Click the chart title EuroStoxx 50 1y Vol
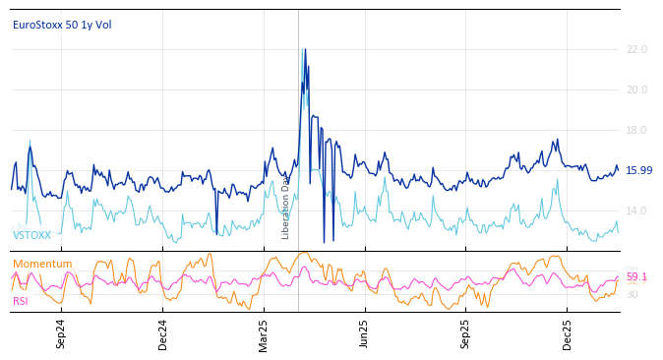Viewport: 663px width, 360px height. (x=62, y=25)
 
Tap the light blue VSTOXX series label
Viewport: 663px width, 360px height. (x=31, y=236)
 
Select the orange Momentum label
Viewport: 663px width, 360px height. (x=42, y=264)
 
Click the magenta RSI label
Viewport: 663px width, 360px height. (x=20, y=301)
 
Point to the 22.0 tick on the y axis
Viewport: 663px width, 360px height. (x=636, y=49)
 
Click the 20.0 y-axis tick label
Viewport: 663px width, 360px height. (x=636, y=90)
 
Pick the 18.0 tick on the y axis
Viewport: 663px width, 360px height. (x=636, y=130)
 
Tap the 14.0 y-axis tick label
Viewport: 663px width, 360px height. (x=636, y=210)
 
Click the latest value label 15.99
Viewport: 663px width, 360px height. (x=638, y=170)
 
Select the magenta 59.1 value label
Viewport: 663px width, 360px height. (x=636, y=276)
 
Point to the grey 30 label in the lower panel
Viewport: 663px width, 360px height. (x=633, y=294)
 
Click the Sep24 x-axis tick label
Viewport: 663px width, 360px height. (x=61, y=333)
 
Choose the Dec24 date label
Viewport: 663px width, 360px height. (x=163, y=333)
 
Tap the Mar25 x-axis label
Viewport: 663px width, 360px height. (x=264, y=333)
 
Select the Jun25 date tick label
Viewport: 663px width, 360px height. (x=364, y=333)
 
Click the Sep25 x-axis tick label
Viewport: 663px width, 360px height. (x=466, y=333)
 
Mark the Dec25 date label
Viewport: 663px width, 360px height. (x=568, y=333)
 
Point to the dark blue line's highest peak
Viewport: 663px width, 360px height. (x=304, y=49)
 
